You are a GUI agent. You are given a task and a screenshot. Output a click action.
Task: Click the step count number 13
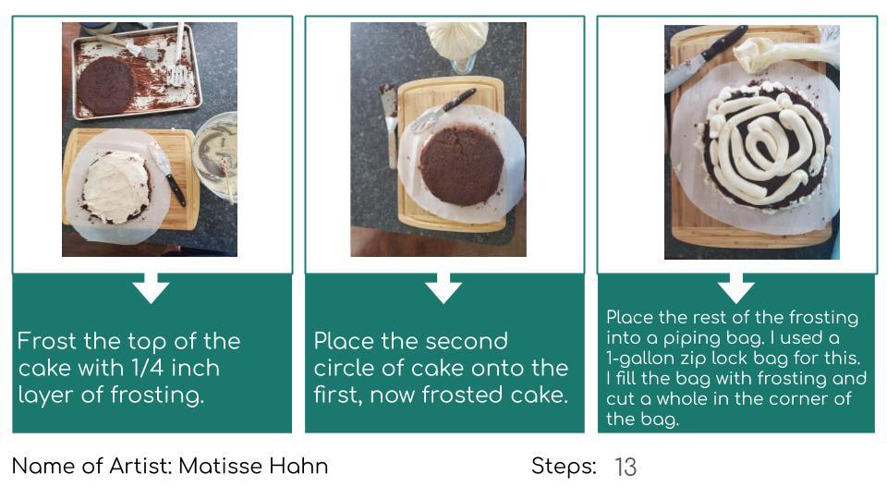[x=626, y=468]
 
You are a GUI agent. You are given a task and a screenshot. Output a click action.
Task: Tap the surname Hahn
[x=298, y=466]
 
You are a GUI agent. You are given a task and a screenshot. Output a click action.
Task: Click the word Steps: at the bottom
[x=564, y=466]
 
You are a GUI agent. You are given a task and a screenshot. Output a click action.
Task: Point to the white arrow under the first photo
[x=151, y=288]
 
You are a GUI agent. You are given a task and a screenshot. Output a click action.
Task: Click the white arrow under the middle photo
[x=443, y=288]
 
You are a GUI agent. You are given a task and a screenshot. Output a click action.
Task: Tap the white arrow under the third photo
[x=736, y=288]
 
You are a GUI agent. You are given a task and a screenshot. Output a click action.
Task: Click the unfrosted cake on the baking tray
[x=105, y=85]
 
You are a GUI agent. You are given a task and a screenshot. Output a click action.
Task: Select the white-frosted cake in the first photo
[x=116, y=187]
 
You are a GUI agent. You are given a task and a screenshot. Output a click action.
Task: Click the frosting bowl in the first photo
[x=216, y=155]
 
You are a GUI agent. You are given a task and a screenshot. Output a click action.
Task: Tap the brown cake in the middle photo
[x=462, y=165]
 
